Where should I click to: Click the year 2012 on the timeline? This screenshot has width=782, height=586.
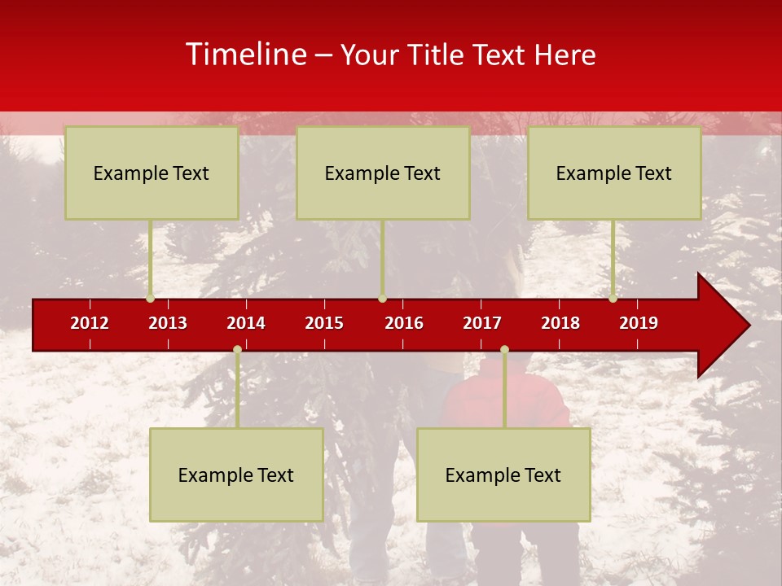click(x=90, y=323)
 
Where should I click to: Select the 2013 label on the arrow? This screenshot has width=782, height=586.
click(x=168, y=323)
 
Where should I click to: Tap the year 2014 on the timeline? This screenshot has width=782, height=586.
click(x=246, y=323)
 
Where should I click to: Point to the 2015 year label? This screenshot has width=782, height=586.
click(x=324, y=323)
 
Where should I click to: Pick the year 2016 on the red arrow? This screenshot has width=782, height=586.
click(x=404, y=323)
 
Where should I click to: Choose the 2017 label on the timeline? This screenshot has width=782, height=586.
click(x=482, y=323)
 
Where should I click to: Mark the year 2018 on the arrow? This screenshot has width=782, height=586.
click(x=560, y=323)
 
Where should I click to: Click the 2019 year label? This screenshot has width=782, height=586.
click(x=639, y=323)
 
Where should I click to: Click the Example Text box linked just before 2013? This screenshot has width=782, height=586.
click(x=152, y=173)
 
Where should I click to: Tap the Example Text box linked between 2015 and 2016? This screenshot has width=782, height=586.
click(x=383, y=173)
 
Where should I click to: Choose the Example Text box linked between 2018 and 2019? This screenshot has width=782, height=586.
click(x=614, y=173)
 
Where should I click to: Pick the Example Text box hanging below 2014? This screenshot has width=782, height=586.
click(x=236, y=474)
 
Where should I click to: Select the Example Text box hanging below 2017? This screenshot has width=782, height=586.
click(x=503, y=474)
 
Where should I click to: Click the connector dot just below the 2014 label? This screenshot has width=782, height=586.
click(x=237, y=349)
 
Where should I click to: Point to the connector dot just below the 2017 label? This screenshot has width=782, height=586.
click(x=504, y=349)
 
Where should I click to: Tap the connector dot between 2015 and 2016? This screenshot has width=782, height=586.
click(x=382, y=299)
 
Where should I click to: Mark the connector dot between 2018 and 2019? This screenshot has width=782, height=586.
click(x=613, y=299)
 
